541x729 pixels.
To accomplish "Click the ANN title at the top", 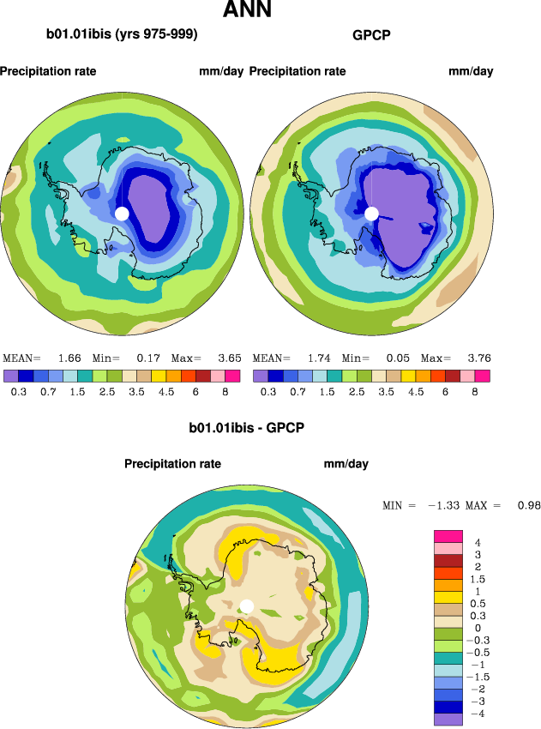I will pos(247,11).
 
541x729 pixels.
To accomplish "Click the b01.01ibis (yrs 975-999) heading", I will pos(122,35).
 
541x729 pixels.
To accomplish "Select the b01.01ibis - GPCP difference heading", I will pos(247,426).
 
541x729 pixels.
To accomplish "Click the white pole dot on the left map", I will pos(122,213).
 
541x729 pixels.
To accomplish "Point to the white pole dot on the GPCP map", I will pos(371,213).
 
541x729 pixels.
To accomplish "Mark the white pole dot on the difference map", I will pos(247,605).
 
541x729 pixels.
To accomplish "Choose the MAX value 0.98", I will pos(529,506).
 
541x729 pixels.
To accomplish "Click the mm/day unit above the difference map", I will pos(346,464).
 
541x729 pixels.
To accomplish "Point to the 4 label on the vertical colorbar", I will pos(478,542).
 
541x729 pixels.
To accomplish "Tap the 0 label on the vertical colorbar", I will pos(478,628).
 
